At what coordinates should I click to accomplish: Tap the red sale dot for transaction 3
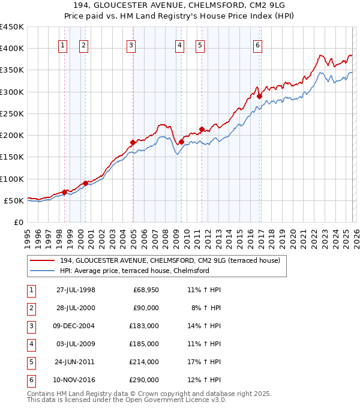click(x=133, y=143)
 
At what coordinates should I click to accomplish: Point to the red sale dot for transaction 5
click(x=202, y=129)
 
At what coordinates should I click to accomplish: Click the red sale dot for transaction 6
click(x=259, y=96)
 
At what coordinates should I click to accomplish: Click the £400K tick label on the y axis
click(x=12, y=49)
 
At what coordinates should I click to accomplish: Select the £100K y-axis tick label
click(x=12, y=179)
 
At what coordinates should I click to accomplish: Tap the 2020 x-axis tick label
click(x=292, y=238)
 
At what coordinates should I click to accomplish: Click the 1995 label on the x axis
click(x=27, y=238)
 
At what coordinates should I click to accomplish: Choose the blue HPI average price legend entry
click(x=134, y=271)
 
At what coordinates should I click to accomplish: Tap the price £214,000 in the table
click(x=145, y=362)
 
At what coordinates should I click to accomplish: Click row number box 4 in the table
click(x=30, y=344)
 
